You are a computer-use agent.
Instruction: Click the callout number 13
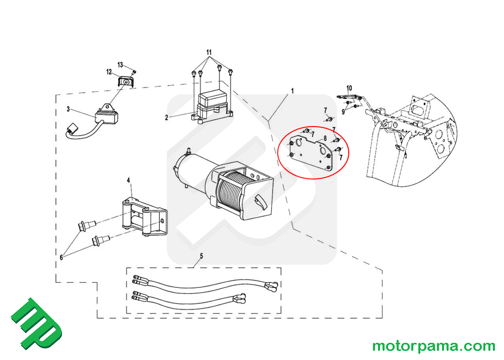coord(120,65)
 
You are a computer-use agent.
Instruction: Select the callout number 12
coord(109,72)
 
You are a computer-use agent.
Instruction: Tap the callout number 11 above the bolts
coord(209,52)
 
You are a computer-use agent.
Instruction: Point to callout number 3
coord(68,109)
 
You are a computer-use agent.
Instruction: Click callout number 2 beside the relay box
coord(166,117)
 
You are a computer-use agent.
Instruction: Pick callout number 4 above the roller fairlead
coord(129,181)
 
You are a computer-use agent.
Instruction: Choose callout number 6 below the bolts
coord(61,258)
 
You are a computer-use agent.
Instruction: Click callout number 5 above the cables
coord(202,256)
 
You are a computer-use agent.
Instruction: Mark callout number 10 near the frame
coord(349,88)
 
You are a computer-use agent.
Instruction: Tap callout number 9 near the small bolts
coord(343,112)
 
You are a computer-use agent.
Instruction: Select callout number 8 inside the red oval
coord(325,139)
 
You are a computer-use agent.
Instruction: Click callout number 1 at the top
coord(292,91)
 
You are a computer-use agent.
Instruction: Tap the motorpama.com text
coord(433,346)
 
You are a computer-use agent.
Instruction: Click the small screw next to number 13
coord(135,72)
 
